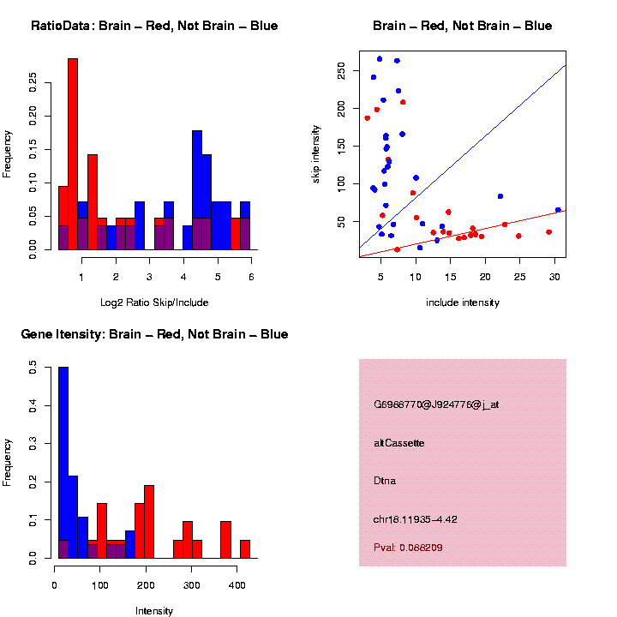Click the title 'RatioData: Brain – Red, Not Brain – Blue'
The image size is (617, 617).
point(154,26)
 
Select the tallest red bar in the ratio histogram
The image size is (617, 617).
point(73,154)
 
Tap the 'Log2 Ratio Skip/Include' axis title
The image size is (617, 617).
point(154,303)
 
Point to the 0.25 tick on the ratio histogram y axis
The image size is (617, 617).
point(33,81)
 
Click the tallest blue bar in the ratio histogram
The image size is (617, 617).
point(197,189)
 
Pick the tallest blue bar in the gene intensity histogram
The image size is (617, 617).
point(63,463)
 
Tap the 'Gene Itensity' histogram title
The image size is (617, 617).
point(154,334)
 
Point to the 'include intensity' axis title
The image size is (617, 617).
point(463,303)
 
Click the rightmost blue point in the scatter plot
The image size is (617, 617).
point(558,210)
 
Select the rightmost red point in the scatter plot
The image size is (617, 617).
point(548,232)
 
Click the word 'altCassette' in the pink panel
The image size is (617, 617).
point(399,443)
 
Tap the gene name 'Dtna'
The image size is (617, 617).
point(385,481)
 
